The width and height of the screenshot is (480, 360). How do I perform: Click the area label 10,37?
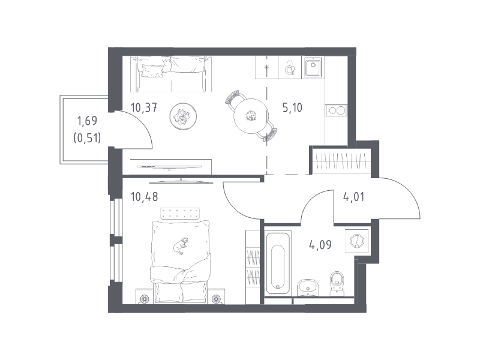(x=144, y=108)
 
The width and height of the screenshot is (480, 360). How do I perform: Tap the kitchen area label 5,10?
(x=292, y=108)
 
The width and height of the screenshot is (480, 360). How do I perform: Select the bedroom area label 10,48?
(x=144, y=197)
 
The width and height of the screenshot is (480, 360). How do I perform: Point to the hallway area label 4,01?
(x=354, y=197)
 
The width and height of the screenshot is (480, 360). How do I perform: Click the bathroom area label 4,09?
(x=320, y=245)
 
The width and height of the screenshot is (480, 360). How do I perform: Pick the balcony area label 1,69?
(x=87, y=121)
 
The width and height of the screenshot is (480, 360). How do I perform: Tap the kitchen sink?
(x=313, y=67)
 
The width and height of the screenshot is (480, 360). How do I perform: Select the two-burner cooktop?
(x=337, y=110)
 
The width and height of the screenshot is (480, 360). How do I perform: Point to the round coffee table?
(x=183, y=116)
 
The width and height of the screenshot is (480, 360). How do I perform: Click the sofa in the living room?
(x=171, y=74)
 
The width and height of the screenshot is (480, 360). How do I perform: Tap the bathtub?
(x=278, y=263)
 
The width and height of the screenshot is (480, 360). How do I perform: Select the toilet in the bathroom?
(x=337, y=283)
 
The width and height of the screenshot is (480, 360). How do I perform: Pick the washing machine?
(x=356, y=241)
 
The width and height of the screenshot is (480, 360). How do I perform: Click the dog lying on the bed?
(x=181, y=245)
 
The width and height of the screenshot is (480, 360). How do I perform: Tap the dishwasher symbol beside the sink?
(x=290, y=67)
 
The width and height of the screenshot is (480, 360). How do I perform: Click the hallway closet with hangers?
(x=341, y=160)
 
